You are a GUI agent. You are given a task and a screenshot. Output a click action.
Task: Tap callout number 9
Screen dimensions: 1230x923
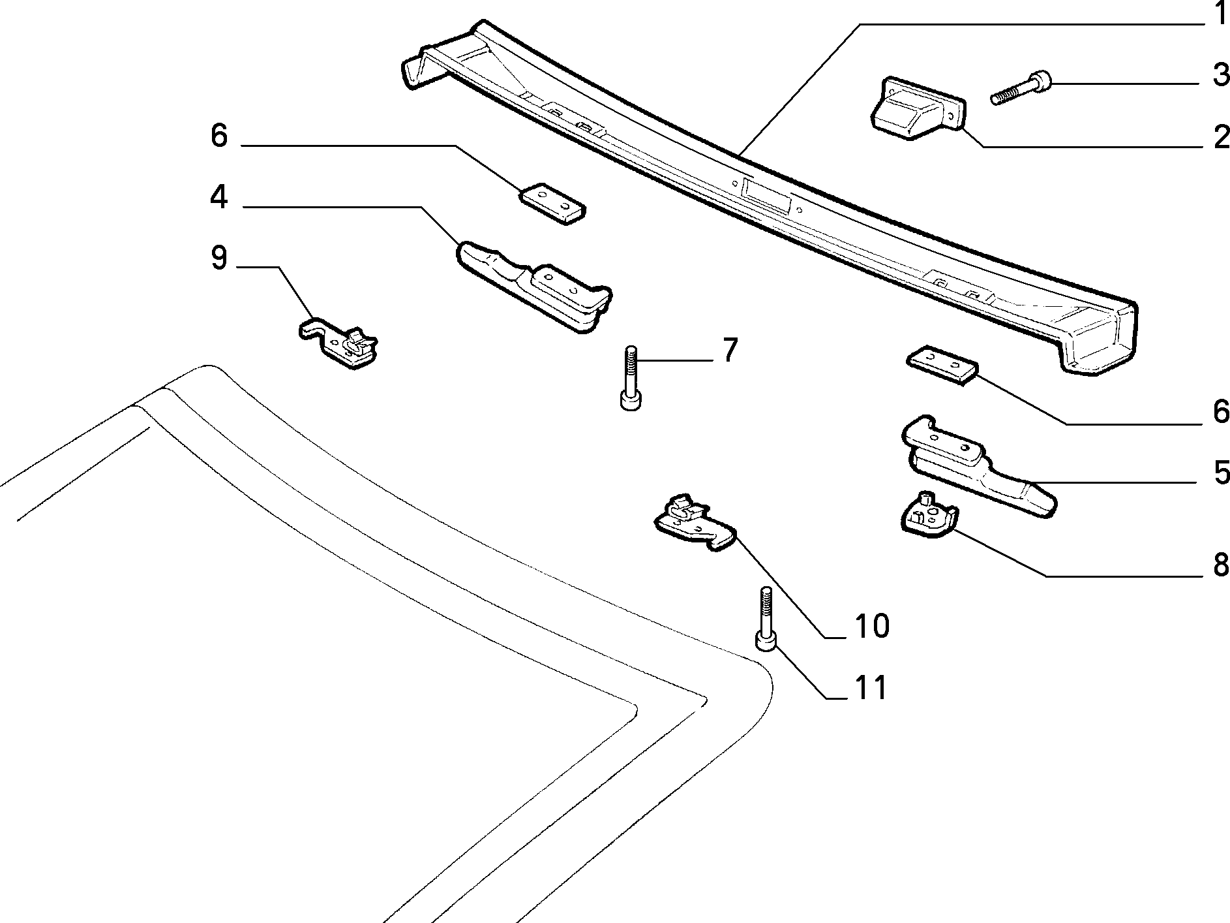pyautogui.click(x=219, y=258)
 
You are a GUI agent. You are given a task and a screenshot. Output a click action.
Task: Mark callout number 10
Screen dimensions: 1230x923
pyautogui.click(x=871, y=626)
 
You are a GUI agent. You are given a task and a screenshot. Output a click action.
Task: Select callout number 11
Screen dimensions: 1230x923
pyautogui.click(x=871, y=687)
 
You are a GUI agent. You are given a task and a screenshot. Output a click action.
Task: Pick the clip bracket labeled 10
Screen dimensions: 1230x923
pyautogui.click(x=695, y=524)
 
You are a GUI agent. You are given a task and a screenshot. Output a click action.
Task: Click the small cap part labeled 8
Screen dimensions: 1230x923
pyautogui.click(x=929, y=516)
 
